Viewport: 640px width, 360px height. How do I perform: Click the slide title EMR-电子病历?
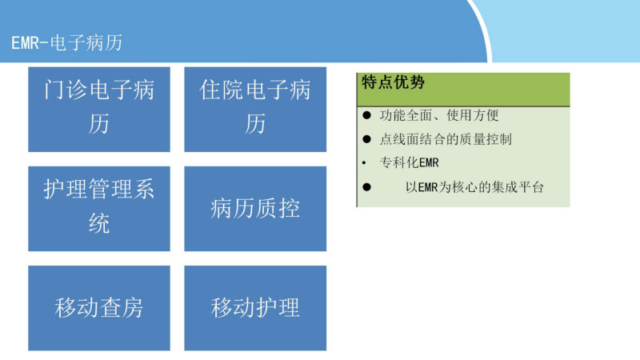(x=66, y=43)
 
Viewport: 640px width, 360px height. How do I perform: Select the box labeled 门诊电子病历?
(x=99, y=110)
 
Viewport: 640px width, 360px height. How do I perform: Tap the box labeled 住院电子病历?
(x=255, y=110)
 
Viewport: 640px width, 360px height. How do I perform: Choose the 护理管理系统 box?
(x=99, y=209)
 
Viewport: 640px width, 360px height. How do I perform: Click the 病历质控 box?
(x=255, y=209)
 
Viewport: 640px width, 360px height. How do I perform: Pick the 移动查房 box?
(x=99, y=308)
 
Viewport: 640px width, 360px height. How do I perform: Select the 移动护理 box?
(x=255, y=308)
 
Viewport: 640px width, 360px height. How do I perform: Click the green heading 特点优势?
(x=393, y=82)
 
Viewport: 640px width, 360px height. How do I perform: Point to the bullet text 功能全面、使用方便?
(x=439, y=115)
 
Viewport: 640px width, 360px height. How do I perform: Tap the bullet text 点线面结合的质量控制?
(x=446, y=139)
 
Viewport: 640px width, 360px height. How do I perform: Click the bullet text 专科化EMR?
(x=409, y=163)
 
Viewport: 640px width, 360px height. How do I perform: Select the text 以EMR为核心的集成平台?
(x=474, y=187)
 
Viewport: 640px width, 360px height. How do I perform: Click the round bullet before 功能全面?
(x=366, y=115)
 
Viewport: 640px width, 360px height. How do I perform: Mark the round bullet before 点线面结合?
(x=366, y=139)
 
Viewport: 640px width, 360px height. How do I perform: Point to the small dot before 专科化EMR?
(x=364, y=163)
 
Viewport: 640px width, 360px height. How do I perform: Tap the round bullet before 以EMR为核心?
(x=366, y=187)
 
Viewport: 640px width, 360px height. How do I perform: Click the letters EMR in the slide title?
(x=25, y=43)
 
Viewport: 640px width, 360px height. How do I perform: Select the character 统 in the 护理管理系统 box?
(x=99, y=223)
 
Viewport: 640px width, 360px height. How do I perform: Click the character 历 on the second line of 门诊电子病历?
(x=99, y=124)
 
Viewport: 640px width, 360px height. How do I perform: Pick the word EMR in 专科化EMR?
(x=429, y=163)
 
